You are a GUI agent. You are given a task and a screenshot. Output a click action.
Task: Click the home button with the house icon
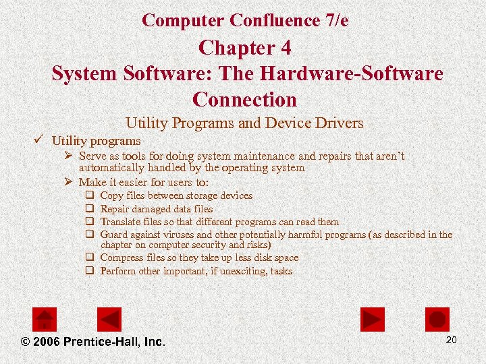(x=45, y=319)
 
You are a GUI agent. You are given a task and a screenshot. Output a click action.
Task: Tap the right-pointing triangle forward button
(x=372, y=319)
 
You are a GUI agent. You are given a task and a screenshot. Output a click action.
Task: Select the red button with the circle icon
(x=437, y=319)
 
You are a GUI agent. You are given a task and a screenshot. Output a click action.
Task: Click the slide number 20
(x=452, y=340)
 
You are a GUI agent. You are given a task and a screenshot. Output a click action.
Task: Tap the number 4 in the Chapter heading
(x=284, y=49)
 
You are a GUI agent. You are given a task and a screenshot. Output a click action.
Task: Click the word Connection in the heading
(x=244, y=99)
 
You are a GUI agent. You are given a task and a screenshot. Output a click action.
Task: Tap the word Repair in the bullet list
(x=115, y=209)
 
